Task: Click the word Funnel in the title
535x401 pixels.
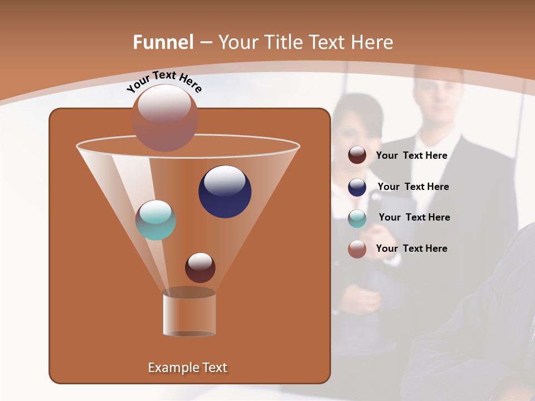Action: pyautogui.click(x=163, y=42)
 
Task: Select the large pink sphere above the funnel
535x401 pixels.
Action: pyautogui.click(x=164, y=118)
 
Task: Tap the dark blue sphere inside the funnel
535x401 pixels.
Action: pyautogui.click(x=225, y=192)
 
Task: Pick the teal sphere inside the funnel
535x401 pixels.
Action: pyautogui.click(x=155, y=220)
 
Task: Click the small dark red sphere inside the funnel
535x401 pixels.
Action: pyautogui.click(x=200, y=267)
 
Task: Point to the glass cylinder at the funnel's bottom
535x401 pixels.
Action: pyautogui.click(x=189, y=314)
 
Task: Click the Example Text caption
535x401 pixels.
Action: pyautogui.click(x=187, y=368)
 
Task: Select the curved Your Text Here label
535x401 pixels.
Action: pyautogui.click(x=164, y=81)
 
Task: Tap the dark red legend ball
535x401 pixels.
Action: pyautogui.click(x=357, y=155)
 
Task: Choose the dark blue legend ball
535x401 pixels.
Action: pyautogui.click(x=357, y=187)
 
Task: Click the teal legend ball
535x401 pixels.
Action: pyautogui.click(x=357, y=218)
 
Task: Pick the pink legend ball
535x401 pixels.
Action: pyautogui.click(x=357, y=249)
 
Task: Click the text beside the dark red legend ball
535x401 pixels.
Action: pyautogui.click(x=411, y=156)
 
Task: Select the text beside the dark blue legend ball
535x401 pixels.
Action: pyautogui.click(x=413, y=187)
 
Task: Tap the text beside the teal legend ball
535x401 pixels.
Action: pyautogui.click(x=414, y=218)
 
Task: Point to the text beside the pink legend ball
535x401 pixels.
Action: pyautogui.click(x=411, y=248)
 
